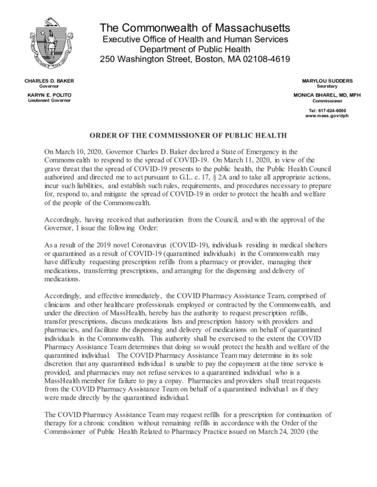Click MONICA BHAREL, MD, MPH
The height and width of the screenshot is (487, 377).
(326, 95)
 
